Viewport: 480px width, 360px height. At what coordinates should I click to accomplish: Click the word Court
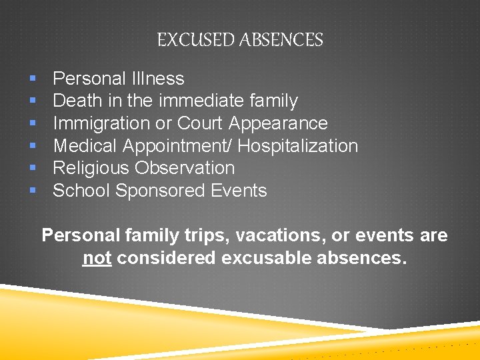pyautogui.click(x=200, y=123)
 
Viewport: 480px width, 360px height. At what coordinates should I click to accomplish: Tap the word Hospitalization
pyautogui.click(x=298, y=146)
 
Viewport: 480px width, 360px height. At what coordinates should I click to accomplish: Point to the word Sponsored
pyautogui.click(x=161, y=191)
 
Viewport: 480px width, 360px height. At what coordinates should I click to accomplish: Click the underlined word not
pyautogui.click(x=97, y=258)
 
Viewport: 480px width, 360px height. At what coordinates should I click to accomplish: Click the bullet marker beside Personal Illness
pyautogui.click(x=33, y=79)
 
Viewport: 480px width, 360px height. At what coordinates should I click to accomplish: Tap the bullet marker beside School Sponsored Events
pyautogui.click(x=33, y=191)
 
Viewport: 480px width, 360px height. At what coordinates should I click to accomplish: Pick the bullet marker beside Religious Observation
pyautogui.click(x=33, y=169)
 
